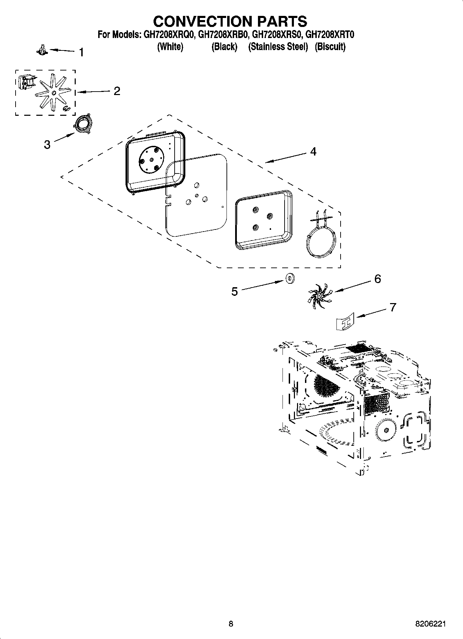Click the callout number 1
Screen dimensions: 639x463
click(81, 53)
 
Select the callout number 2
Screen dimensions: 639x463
click(117, 91)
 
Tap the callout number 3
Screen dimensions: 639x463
click(47, 144)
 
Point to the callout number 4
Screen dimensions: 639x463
click(313, 152)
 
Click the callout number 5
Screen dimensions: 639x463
click(234, 292)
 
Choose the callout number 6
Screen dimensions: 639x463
click(377, 279)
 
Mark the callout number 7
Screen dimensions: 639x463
click(392, 307)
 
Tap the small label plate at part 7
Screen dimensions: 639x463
click(346, 321)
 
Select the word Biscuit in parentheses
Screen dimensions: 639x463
click(330, 47)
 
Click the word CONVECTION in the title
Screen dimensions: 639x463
click(203, 21)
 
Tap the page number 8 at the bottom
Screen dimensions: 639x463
click(231, 623)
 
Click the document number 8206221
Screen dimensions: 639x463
click(430, 623)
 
